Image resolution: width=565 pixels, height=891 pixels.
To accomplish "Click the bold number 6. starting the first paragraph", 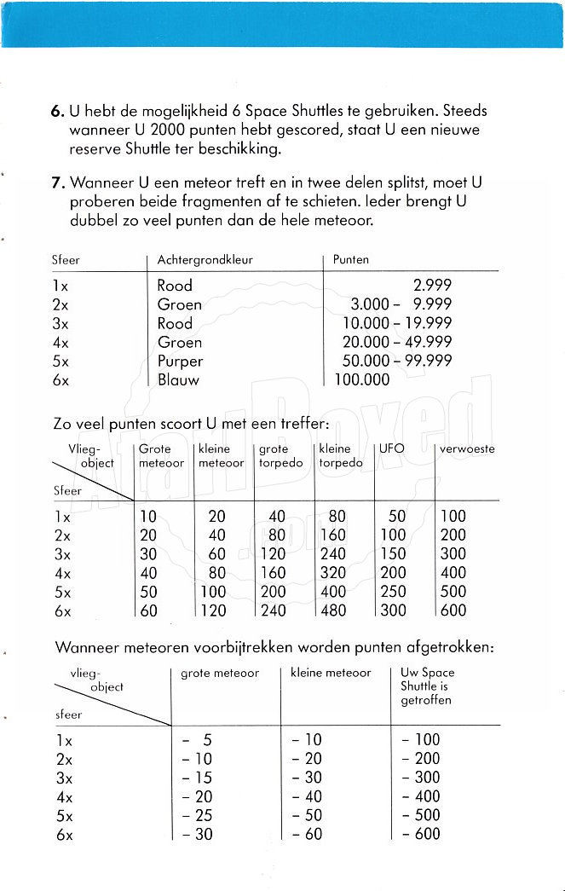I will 57,111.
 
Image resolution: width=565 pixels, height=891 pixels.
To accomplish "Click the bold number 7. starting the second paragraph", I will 57,183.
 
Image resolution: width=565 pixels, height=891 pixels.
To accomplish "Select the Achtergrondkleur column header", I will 205,259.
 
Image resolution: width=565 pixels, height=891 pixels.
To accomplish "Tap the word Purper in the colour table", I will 180,361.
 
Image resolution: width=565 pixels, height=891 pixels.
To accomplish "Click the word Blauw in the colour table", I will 178,379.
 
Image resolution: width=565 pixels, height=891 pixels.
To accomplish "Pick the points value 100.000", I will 362,379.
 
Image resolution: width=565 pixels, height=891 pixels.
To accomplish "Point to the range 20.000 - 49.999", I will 397,342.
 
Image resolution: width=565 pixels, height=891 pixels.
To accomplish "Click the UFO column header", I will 392,448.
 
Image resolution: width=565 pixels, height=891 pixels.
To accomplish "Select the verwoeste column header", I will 467,448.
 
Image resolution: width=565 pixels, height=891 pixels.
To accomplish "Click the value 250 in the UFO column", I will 393,592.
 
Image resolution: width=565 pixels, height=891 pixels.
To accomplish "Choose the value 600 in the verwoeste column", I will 453,610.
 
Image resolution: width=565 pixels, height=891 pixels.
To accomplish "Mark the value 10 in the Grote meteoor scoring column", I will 148,517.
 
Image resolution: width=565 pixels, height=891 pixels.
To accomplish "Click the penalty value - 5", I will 197,740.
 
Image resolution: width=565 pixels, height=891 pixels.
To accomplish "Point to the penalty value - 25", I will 197,815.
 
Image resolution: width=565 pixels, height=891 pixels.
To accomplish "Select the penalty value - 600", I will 421,834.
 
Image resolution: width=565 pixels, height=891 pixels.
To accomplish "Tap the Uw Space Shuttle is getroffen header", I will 428,686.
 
